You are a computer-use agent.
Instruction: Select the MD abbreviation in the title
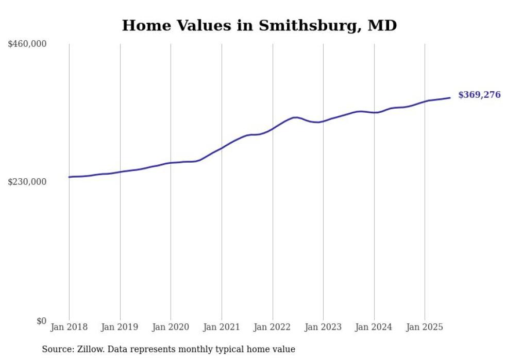pos(382,25)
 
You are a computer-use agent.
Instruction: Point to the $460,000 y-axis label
pos(27,44)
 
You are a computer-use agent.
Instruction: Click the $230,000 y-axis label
pos(27,182)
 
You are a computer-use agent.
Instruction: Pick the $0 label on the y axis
pos(42,321)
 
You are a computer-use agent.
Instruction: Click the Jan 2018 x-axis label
pos(69,327)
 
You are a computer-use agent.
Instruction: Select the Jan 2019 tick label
pos(120,327)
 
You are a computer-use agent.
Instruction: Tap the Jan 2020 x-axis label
pos(171,327)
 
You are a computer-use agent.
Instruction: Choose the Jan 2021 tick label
pos(222,327)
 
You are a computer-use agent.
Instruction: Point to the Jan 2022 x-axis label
pos(273,327)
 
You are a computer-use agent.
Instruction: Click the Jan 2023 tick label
pos(323,327)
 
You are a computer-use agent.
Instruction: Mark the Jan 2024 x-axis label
pos(374,327)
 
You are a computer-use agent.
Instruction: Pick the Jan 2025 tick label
pos(425,327)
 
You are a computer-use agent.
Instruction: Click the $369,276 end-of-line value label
pos(479,95)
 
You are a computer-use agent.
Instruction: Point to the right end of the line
pos(450,98)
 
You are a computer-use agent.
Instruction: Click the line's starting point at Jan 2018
pos(69,177)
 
